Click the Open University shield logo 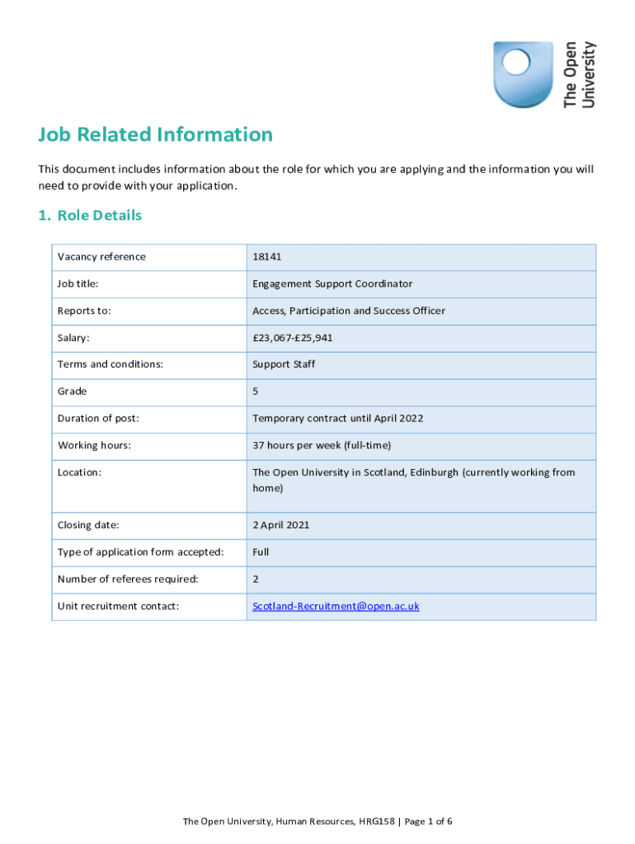point(523,74)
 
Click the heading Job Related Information point(155,134)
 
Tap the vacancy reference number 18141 point(267,256)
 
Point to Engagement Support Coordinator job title point(332,284)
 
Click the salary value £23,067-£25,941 point(293,338)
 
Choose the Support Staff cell point(284,364)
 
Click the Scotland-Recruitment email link point(336,606)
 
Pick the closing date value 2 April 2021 point(281,524)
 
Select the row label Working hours point(95,445)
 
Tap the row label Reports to point(84,311)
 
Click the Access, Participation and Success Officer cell point(349,311)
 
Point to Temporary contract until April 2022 point(338,418)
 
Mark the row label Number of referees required point(128,579)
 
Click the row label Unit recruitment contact point(118,606)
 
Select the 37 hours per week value point(322,445)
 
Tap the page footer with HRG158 point(317,822)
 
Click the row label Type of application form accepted point(140,551)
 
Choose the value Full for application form point(261,551)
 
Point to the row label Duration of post point(98,418)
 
